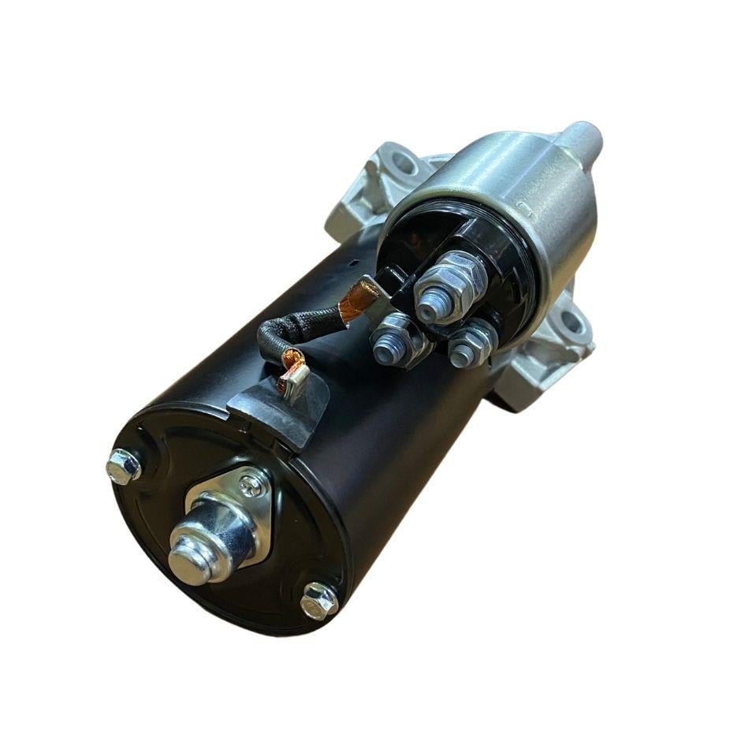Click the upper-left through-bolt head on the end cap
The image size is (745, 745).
pyautogui.click(x=124, y=467)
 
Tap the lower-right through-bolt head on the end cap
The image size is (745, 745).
pyautogui.click(x=319, y=600)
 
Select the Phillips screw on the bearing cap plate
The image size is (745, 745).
pyautogui.click(x=253, y=484)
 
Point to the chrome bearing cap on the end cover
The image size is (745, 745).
pyautogui.click(x=200, y=545)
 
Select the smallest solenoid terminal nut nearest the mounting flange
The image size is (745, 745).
pyautogui.click(x=472, y=344)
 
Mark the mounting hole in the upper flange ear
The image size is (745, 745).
pyautogui.click(x=403, y=164)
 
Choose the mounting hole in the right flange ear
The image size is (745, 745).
pyautogui.click(x=571, y=322)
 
